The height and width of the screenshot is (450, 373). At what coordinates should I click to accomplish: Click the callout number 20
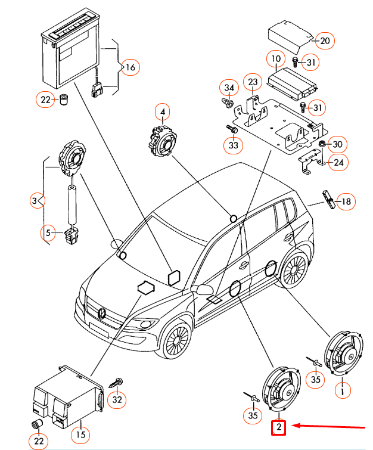[325, 41]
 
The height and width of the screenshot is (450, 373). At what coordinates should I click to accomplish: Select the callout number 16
[130, 67]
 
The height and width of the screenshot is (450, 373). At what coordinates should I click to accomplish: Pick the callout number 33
[232, 145]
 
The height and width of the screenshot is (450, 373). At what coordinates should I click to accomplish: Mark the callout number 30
[338, 144]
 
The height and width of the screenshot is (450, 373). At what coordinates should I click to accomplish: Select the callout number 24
[338, 162]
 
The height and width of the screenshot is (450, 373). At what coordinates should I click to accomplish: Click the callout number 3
[36, 201]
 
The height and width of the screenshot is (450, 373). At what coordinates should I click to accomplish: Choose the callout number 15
[80, 435]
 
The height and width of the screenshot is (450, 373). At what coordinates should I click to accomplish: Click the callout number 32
[117, 399]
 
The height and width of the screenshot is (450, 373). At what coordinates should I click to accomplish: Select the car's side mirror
[204, 290]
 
